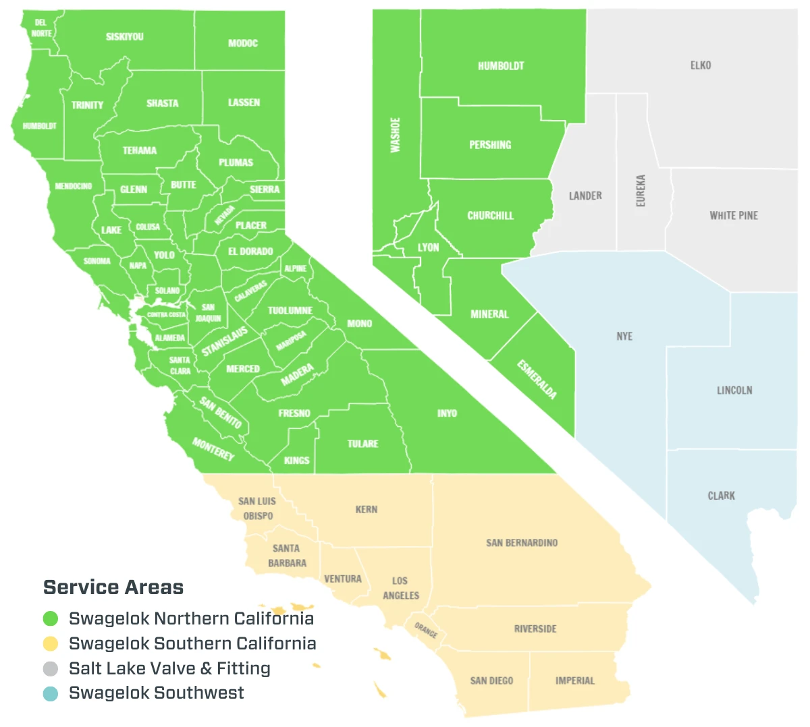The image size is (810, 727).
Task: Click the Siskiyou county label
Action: tap(125, 37)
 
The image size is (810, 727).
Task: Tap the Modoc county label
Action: tap(243, 44)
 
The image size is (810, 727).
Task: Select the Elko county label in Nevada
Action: tap(701, 65)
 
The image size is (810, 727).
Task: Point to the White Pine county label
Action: tap(734, 216)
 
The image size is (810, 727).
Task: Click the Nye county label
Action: tap(624, 336)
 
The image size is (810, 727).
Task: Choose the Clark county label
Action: tap(722, 496)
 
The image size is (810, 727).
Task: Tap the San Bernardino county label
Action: tap(522, 543)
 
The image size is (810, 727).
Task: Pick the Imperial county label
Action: tap(575, 680)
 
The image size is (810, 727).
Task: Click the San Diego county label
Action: tap(491, 680)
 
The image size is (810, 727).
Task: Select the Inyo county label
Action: tap(447, 413)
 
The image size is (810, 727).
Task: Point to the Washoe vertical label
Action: tap(396, 135)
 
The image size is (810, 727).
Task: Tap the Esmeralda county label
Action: tap(537, 379)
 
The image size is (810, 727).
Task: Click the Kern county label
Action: tap(367, 510)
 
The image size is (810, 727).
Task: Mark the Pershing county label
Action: tap(490, 145)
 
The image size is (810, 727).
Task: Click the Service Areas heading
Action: tap(113, 587)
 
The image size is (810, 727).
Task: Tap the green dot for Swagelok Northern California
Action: tap(51, 618)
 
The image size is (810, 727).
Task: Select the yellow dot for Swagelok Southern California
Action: tap(51, 643)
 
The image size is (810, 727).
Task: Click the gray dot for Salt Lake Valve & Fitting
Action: tap(51, 668)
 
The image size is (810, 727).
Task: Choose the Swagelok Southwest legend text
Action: tap(157, 693)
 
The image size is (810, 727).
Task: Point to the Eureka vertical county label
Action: tap(641, 191)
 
